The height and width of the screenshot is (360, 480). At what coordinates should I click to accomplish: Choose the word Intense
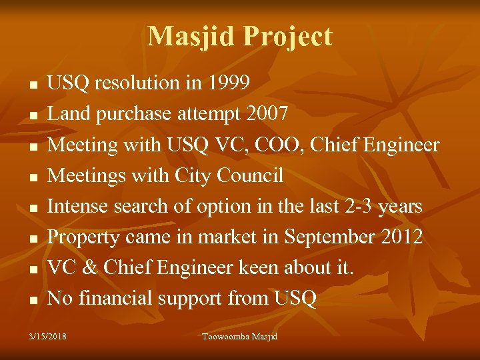click(78, 207)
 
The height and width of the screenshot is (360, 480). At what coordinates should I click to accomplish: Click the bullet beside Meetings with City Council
click(33, 177)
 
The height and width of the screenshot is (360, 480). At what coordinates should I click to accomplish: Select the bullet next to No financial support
click(33, 301)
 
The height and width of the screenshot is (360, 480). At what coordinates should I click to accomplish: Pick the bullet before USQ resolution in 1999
click(33, 85)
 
